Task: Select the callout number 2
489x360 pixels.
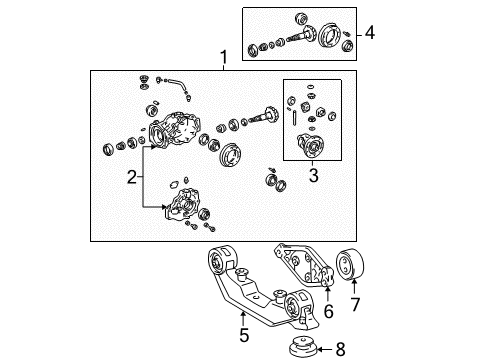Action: click(x=131, y=178)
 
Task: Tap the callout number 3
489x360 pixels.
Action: click(x=314, y=177)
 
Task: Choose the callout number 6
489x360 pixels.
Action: click(x=328, y=312)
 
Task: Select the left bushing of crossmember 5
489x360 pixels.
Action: click(x=220, y=265)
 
